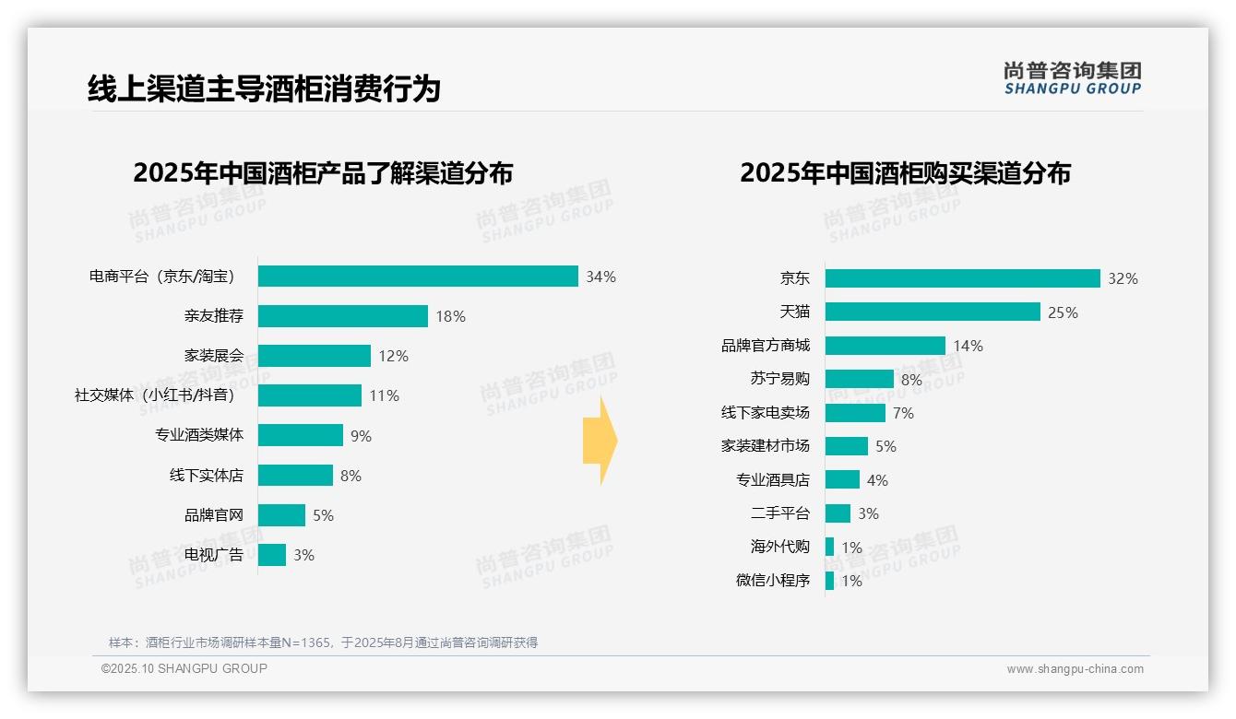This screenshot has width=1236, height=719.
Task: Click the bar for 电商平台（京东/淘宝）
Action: pos(418,277)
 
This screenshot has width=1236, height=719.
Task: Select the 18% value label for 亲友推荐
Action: pos(450,316)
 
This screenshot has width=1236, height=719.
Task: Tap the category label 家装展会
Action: pos(213,356)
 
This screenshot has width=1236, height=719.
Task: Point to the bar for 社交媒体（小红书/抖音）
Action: pos(310,395)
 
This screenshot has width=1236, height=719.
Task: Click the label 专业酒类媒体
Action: pos(199,435)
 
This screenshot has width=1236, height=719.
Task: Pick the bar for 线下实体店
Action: pos(295,476)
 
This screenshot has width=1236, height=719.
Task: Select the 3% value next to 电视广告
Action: pos(303,555)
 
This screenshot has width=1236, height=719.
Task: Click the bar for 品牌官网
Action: pos(281,515)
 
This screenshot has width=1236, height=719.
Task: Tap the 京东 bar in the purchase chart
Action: pos(962,278)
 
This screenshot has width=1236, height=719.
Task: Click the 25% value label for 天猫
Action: pos(1063,312)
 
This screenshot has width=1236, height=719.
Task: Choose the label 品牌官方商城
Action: pos(765,346)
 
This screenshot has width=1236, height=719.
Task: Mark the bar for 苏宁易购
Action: pos(859,379)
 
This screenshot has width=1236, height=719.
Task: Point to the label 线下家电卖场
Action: pos(765,413)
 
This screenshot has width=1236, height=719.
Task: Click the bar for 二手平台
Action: pos(838,513)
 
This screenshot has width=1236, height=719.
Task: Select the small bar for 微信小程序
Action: pos(830,581)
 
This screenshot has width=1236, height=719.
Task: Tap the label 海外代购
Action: pos(779,547)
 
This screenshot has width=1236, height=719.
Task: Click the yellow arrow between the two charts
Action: pos(600,442)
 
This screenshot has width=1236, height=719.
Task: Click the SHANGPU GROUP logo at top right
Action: pos(1072,78)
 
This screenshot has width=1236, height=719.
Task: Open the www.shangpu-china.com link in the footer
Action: pos(1075,669)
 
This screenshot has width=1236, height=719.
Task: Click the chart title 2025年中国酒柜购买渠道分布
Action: pos(905,173)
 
